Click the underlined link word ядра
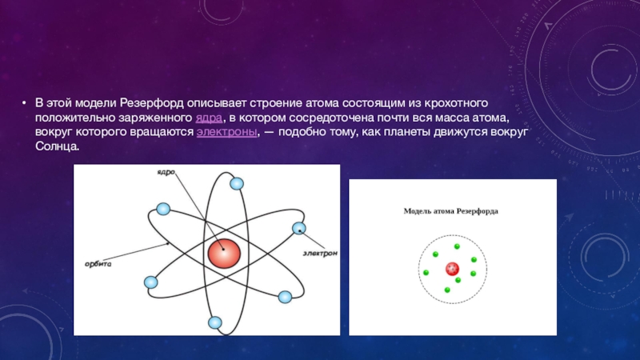click(x=209, y=118)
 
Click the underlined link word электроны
click(x=227, y=132)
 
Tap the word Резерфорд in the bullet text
click(x=152, y=103)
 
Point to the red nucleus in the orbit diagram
click(x=224, y=254)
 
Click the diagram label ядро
click(x=166, y=172)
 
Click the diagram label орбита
click(x=98, y=264)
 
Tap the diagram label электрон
click(x=320, y=253)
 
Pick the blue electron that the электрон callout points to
click(x=299, y=228)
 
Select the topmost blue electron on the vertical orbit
click(x=237, y=184)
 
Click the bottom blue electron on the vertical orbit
click(x=215, y=323)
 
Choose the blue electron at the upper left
click(x=163, y=209)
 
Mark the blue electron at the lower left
click(x=151, y=282)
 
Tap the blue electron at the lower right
click(x=285, y=297)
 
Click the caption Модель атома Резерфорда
click(x=450, y=211)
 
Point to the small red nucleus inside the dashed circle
click(x=452, y=269)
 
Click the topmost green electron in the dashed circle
click(x=457, y=246)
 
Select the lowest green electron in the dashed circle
click(x=447, y=290)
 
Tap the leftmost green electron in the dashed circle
click(x=426, y=273)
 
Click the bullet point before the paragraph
click(x=25, y=103)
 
